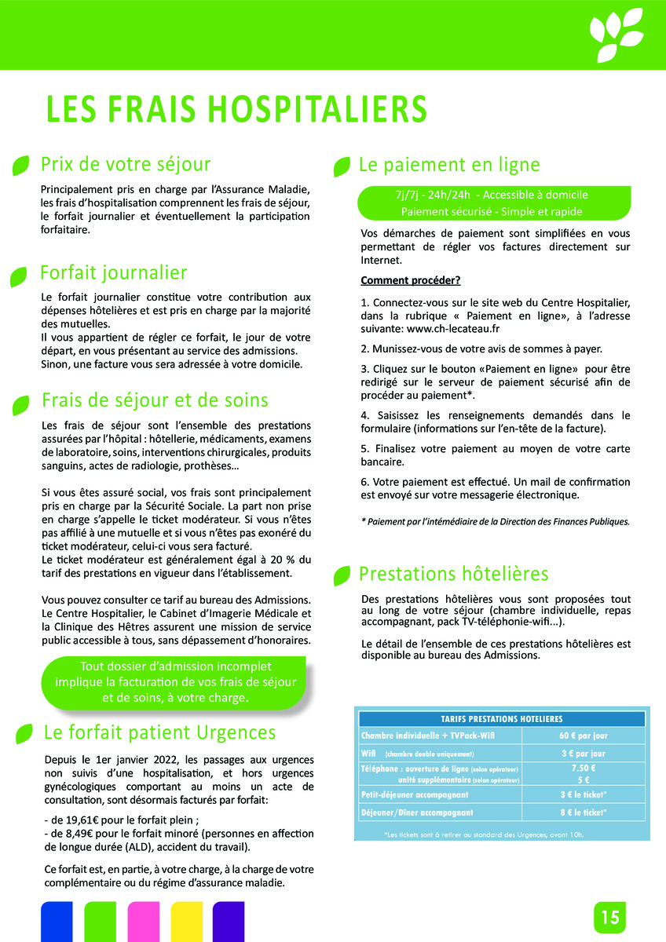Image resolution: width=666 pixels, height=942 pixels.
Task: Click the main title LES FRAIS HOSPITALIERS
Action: [x=236, y=110]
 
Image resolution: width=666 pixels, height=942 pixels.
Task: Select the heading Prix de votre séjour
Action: [x=126, y=165]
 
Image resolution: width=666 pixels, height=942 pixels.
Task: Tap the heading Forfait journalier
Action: [x=114, y=273]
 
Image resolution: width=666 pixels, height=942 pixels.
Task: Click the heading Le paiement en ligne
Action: [x=449, y=165]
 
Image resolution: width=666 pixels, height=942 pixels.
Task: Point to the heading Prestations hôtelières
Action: [x=453, y=573]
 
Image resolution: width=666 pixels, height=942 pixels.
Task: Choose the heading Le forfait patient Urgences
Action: [x=159, y=732]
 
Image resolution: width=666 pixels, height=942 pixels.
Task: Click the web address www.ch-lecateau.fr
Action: [x=455, y=330]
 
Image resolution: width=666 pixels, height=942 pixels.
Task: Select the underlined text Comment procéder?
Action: [x=410, y=280]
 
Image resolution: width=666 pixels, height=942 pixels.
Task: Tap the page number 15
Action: [x=610, y=917]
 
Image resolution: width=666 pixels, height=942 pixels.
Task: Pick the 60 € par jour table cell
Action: [x=584, y=736]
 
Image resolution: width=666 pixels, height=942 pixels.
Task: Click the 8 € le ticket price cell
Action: [x=584, y=812]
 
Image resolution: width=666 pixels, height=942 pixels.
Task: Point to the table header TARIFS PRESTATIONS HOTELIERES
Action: [x=502, y=718]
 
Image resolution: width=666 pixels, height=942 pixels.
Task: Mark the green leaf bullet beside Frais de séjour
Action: [x=20, y=403]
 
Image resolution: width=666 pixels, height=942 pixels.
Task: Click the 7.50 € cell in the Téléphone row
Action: [x=584, y=769]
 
